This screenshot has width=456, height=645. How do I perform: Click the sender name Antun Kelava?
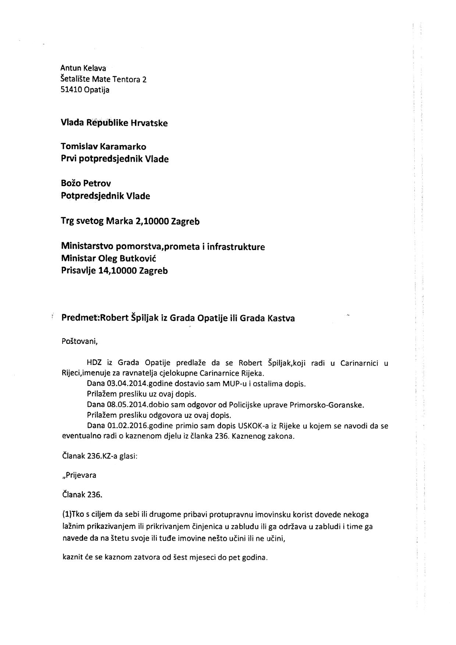tap(83, 68)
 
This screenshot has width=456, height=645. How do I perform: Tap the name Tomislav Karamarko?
tap(103, 147)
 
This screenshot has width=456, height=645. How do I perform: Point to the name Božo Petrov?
tap(86, 183)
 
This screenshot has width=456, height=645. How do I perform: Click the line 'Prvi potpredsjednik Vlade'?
tap(115, 159)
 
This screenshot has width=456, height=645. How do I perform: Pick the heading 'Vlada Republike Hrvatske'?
tap(114, 123)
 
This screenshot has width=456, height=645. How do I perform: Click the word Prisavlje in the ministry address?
tap(76, 271)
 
